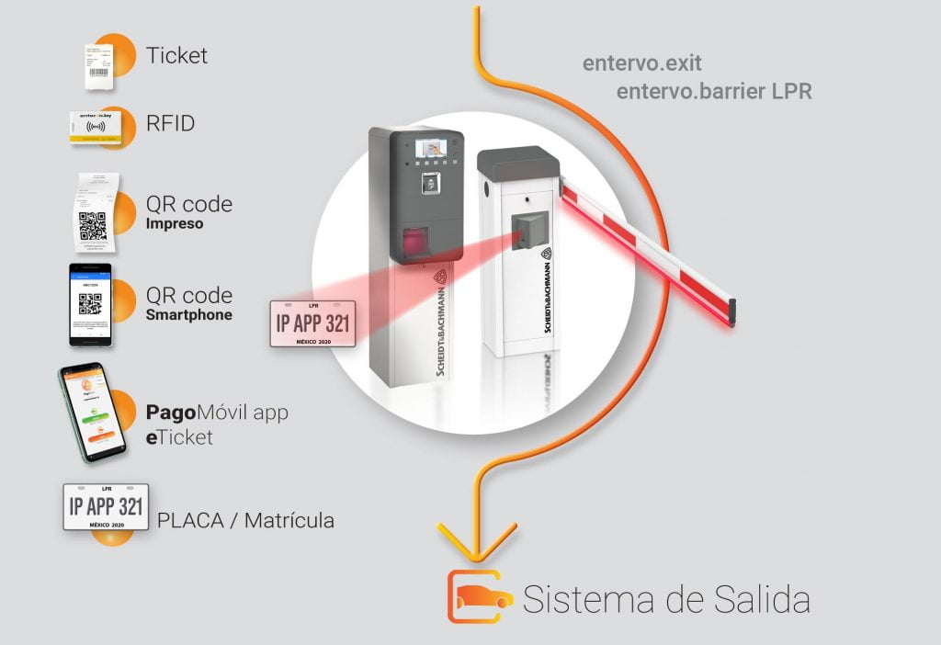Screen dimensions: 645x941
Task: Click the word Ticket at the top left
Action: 176,55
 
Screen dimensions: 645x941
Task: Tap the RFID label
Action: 170,123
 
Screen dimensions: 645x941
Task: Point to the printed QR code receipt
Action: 91,211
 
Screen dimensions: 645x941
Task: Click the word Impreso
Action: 174,223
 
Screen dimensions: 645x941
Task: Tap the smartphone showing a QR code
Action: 90,304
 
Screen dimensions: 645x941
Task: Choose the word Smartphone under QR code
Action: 188,315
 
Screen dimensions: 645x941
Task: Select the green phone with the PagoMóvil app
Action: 92,413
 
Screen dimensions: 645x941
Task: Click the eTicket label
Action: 179,436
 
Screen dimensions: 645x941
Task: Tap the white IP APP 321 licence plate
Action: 106,506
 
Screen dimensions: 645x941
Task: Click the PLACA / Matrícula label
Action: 245,521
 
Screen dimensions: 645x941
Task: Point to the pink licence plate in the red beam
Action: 312,323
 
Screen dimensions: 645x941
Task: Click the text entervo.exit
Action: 642,64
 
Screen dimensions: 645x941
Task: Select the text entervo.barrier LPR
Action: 714,92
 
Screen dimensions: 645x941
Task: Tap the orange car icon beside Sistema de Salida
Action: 480,596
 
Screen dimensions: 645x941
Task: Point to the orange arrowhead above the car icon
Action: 477,543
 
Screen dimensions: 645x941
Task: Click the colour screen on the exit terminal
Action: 429,149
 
